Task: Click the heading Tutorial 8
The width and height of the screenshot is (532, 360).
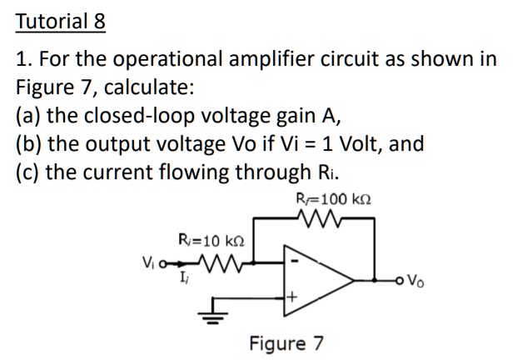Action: (x=61, y=20)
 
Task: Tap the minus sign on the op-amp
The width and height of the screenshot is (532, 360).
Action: (x=293, y=261)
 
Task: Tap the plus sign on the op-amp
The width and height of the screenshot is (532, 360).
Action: (x=293, y=297)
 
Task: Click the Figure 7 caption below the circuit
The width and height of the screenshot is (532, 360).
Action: (x=286, y=342)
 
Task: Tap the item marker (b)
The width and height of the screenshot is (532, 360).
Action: (x=30, y=144)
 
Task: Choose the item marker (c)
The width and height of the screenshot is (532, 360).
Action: (x=29, y=172)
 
